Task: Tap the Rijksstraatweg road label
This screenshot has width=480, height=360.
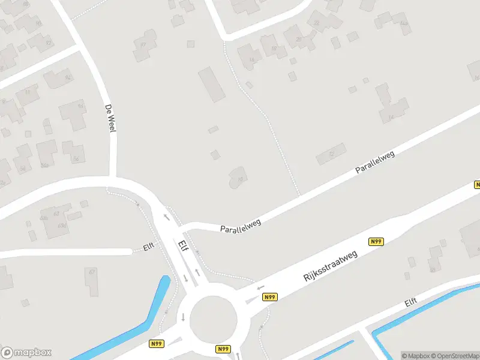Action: [x=331, y=266]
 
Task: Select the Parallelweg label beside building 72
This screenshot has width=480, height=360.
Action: [x=374, y=163]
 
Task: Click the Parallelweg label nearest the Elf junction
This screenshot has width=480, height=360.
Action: [x=241, y=226]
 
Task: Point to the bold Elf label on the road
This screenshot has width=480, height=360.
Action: [x=183, y=248]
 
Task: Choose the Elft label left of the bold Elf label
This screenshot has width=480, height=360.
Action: [x=149, y=246]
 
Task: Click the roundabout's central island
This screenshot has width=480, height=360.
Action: [x=214, y=319]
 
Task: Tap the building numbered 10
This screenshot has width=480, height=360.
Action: [x=238, y=178]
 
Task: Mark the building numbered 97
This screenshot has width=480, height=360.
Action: [x=144, y=46]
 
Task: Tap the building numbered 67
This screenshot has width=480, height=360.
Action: [x=91, y=280]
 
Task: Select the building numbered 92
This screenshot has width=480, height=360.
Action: [x=59, y=78]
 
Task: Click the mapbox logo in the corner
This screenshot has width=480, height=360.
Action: [x=26, y=353]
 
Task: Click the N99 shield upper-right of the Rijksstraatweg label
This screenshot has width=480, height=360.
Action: [x=376, y=242]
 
